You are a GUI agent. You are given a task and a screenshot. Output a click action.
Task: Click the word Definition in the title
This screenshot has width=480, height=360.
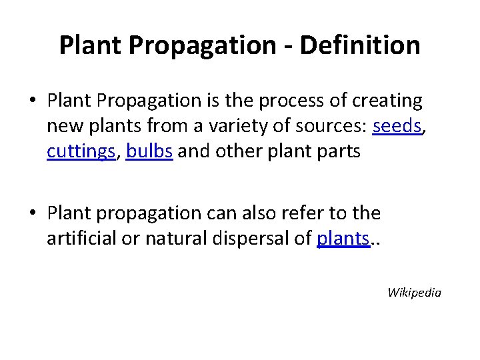pyautogui.click(x=360, y=46)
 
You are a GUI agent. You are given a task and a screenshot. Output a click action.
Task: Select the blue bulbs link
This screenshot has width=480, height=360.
pyautogui.click(x=150, y=151)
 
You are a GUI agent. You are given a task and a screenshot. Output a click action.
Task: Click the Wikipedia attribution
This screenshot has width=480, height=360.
pyautogui.click(x=414, y=292)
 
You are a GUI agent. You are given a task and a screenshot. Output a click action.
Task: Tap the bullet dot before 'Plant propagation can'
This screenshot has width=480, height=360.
pyautogui.click(x=33, y=214)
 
